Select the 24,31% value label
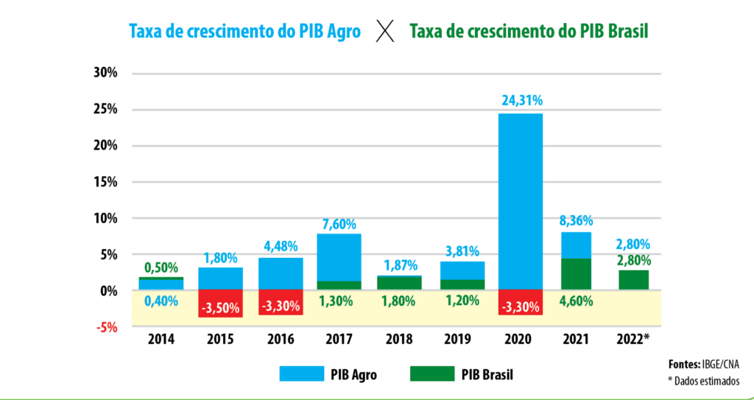pos(521,100)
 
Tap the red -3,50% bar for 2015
pos(221,304)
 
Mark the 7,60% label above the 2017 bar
pos(339,222)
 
